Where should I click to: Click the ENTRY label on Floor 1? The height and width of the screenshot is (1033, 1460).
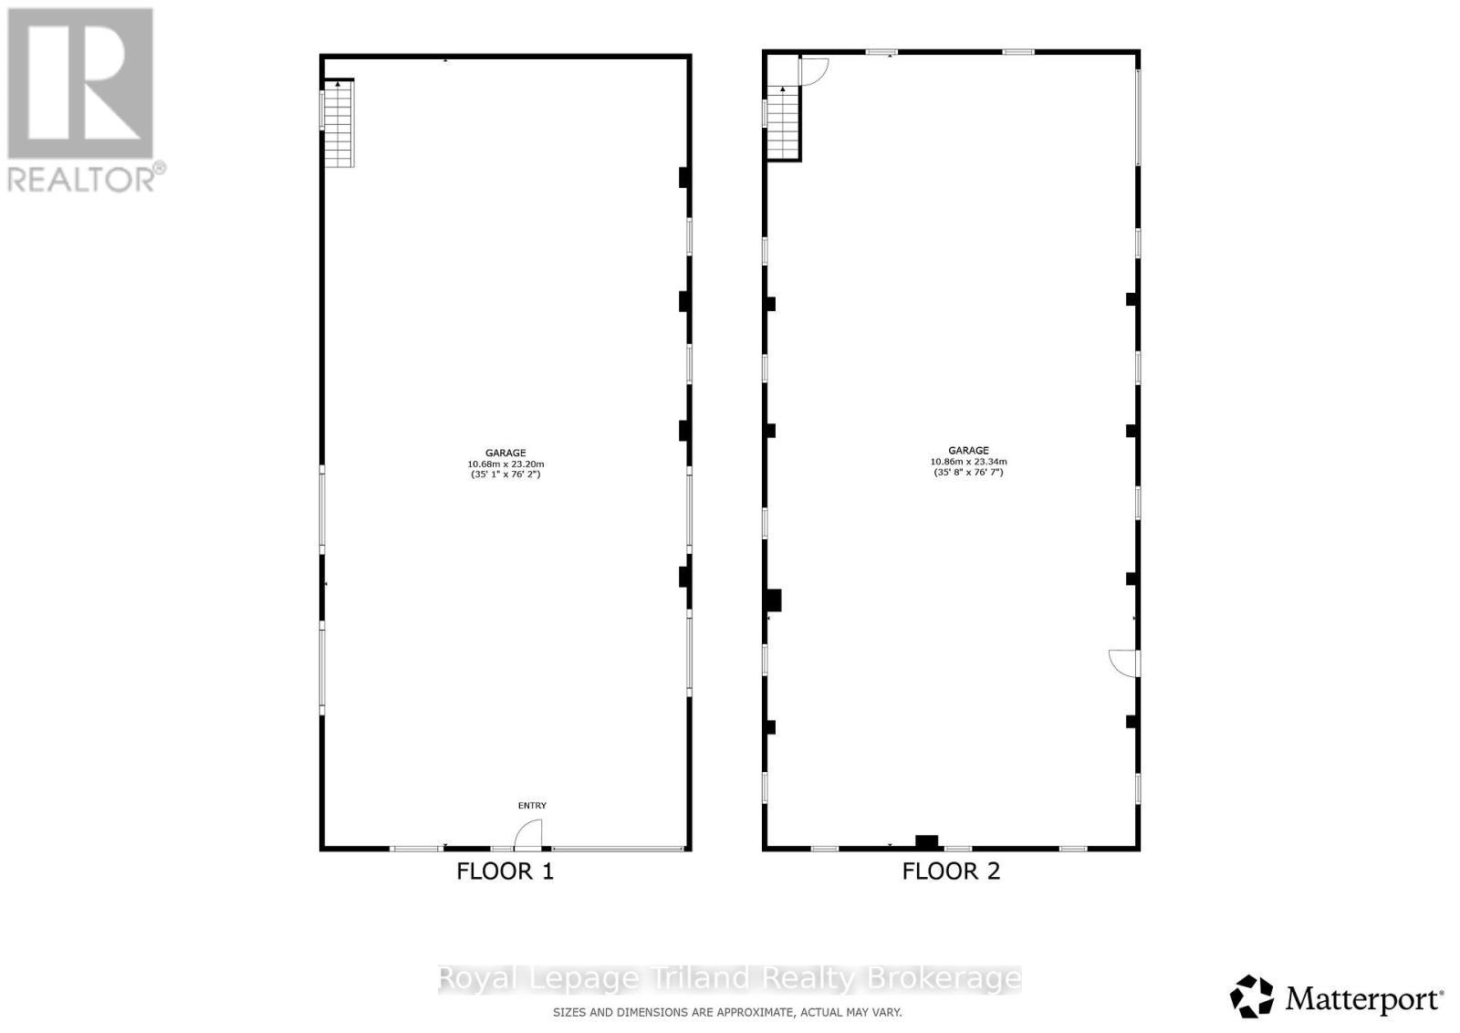point(532,806)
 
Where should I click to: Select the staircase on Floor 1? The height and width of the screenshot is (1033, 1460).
point(338,123)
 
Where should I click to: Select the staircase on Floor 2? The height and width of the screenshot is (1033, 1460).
point(782,123)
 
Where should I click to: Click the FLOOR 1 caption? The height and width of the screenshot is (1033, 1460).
point(505,871)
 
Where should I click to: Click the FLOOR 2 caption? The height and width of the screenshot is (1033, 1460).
point(951,871)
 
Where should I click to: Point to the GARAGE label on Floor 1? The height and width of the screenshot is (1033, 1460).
point(506,453)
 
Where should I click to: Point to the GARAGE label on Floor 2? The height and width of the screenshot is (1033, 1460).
point(968,450)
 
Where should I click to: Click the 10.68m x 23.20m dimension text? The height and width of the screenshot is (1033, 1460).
point(506,464)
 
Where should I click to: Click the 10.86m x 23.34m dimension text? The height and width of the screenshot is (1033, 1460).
point(968,462)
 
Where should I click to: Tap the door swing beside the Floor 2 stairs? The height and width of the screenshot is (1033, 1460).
point(813,70)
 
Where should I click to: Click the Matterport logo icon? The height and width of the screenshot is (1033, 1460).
point(1251,996)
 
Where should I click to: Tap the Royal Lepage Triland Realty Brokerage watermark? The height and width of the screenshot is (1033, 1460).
point(729,979)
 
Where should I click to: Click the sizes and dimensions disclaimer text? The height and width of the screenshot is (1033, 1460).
point(727,1012)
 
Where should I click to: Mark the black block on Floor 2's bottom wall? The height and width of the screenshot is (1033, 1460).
point(926,841)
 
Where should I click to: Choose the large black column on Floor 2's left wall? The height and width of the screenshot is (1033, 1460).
point(773,600)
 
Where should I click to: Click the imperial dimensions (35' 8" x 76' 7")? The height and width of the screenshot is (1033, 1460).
point(968,473)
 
